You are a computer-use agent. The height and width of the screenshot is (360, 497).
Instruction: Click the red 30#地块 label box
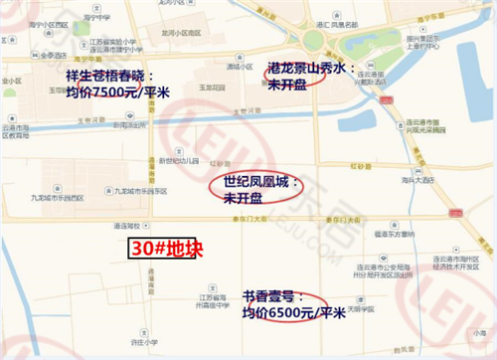(x=165, y=249)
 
